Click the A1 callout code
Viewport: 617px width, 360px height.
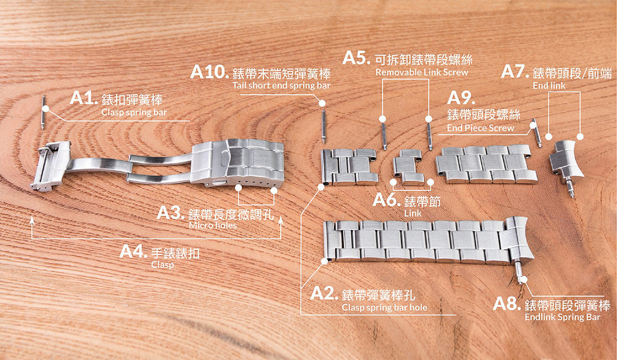[x=83, y=98]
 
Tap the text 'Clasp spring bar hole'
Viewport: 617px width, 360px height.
[x=384, y=307]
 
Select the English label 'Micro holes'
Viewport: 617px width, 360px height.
[x=213, y=226]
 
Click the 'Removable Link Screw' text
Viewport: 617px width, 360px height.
[x=422, y=73]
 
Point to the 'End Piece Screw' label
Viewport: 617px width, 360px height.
[x=480, y=128]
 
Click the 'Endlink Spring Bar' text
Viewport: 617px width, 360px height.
[x=563, y=317]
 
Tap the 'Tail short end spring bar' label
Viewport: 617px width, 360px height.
[x=281, y=85]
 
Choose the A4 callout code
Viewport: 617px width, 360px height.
[x=133, y=251]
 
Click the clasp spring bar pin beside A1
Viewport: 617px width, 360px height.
[x=43, y=112]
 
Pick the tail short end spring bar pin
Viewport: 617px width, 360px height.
[x=323, y=126]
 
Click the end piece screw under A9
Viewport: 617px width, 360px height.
[x=536, y=133]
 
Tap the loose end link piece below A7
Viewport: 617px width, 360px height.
[x=567, y=165]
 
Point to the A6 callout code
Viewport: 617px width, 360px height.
[x=387, y=200]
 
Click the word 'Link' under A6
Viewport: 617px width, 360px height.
[x=413, y=213]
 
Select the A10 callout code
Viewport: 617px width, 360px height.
[x=209, y=71]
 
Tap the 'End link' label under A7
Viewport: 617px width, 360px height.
[x=549, y=86]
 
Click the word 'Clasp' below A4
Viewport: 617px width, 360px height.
[x=162, y=265]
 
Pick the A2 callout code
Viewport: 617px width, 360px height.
[x=324, y=293]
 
